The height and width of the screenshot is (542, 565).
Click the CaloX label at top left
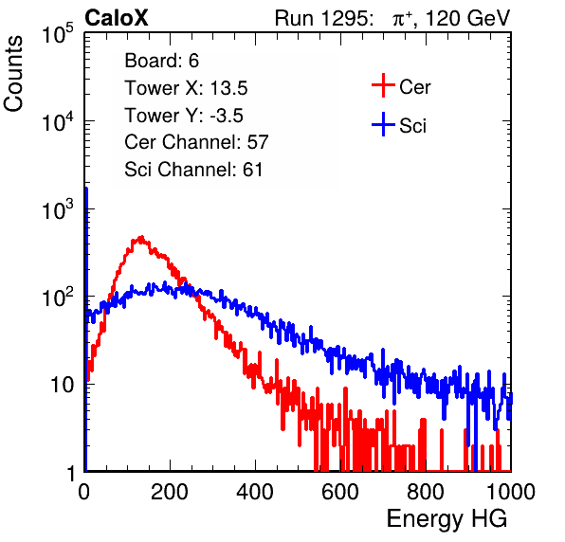coord(117,18)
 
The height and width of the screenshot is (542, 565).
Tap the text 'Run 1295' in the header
coord(323,18)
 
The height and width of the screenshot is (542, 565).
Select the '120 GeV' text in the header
coord(467,18)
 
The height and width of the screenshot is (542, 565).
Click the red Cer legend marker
coord(383,85)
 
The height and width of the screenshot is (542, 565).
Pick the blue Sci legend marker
coord(383,125)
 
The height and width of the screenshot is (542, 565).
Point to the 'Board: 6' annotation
coord(161,61)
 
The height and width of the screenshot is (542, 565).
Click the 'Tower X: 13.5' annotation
coord(186,88)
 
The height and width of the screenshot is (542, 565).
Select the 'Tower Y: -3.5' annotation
coord(184,116)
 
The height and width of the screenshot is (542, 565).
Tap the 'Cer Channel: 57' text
coord(196,142)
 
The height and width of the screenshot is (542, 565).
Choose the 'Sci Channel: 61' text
coord(193,170)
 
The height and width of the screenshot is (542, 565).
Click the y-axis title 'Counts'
coord(13,74)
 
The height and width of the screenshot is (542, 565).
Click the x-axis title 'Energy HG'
coord(447,519)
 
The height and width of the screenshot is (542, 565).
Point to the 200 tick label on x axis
coord(170,492)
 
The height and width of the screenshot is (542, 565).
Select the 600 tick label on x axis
coord(340,492)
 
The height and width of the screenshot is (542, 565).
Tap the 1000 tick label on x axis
coord(511,492)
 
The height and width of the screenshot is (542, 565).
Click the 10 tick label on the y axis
coord(62,385)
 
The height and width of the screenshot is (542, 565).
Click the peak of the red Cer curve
coord(141,237)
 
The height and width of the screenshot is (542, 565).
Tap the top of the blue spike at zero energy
coord(86,188)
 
